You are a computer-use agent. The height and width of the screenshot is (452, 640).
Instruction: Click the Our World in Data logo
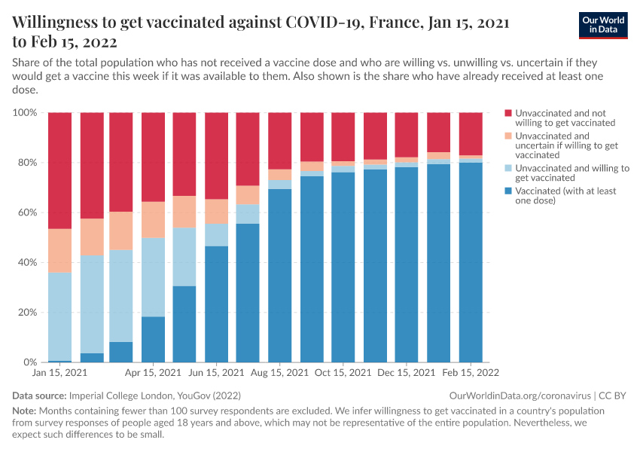[x=603, y=25]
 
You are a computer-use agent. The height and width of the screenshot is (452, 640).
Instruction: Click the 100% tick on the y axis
[x=25, y=113]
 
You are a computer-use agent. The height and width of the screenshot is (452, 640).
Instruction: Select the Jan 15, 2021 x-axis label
[x=59, y=372]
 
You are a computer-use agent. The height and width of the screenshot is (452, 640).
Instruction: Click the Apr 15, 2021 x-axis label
[x=154, y=372]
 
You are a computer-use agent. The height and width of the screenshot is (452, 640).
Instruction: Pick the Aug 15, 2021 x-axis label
[x=280, y=372]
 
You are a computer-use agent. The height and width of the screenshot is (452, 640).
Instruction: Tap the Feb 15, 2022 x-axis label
[x=471, y=372]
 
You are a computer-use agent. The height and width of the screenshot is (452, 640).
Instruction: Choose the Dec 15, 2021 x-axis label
[x=407, y=372]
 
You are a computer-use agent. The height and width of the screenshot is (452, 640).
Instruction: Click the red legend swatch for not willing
[x=508, y=113]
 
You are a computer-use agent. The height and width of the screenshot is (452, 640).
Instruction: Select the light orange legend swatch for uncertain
[x=508, y=136]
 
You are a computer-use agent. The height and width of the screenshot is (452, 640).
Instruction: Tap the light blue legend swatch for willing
[x=508, y=169]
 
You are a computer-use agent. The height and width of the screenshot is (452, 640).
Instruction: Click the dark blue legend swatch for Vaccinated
[x=508, y=191]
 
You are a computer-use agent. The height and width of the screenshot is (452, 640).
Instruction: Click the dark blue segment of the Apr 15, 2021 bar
[x=154, y=339]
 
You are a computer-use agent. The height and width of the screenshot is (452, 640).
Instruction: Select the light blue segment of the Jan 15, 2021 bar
[x=59, y=316]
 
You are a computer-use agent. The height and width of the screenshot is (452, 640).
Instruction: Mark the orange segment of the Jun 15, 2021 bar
[x=217, y=212]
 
